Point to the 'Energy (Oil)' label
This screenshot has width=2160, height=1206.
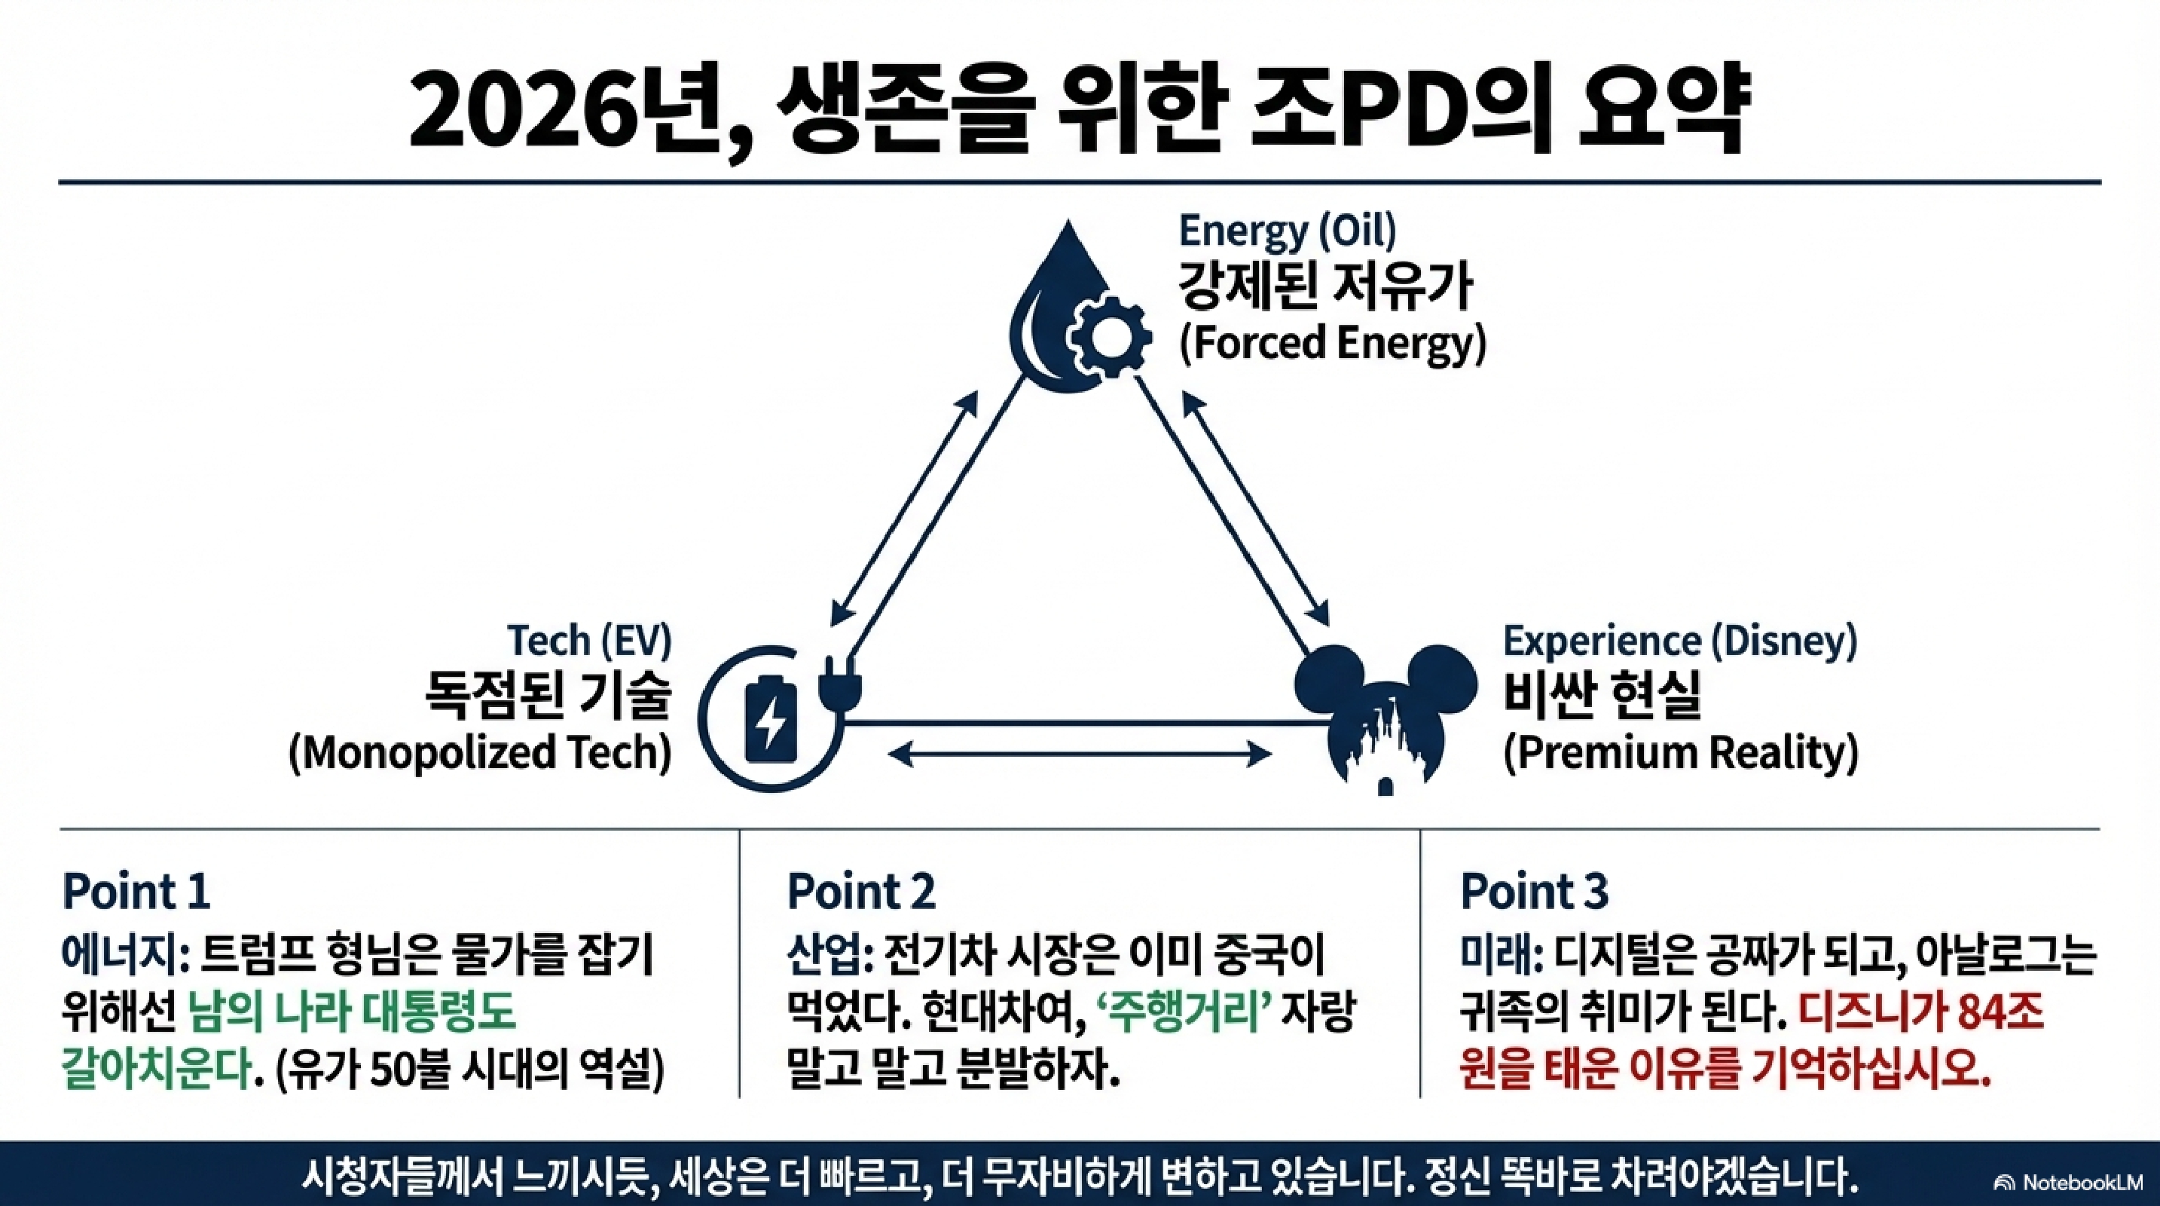point(1287,230)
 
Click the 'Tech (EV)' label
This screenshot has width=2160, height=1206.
point(589,641)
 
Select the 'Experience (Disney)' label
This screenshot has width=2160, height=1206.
point(1679,641)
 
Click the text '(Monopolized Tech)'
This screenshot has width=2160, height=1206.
point(480,752)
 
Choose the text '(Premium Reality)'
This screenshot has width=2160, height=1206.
point(1680,752)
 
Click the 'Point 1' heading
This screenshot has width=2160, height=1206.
point(136,891)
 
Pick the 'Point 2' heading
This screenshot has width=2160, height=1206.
point(860,891)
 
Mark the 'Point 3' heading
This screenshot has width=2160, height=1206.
point(1534,891)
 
